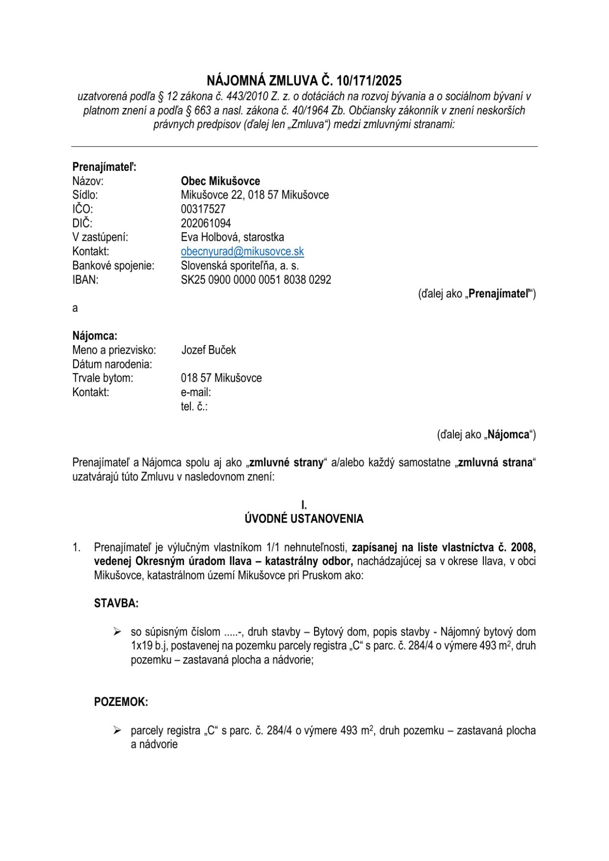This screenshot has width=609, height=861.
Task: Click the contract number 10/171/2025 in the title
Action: (x=369, y=80)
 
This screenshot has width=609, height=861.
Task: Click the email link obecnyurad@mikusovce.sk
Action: (x=242, y=251)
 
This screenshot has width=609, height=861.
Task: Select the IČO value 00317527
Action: (x=203, y=209)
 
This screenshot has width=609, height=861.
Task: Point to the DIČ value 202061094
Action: (x=206, y=223)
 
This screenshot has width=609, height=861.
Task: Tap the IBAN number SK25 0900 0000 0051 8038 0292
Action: (x=256, y=280)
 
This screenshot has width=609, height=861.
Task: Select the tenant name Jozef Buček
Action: (x=208, y=350)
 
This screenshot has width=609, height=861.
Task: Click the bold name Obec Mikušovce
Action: (x=220, y=181)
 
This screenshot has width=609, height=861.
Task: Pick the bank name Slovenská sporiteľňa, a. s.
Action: (x=240, y=266)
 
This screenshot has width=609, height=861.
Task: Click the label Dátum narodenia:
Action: (x=112, y=365)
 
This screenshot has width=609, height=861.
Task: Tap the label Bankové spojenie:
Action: (x=113, y=266)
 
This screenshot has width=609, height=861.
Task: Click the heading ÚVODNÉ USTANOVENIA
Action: (x=304, y=519)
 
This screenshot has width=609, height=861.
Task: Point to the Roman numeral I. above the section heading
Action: (x=304, y=505)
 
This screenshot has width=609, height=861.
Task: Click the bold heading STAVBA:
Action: (x=116, y=604)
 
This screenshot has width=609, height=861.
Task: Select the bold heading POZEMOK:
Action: (x=121, y=702)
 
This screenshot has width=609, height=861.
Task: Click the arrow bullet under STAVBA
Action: (x=117, y=632)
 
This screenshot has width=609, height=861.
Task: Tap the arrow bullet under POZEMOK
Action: (x=117, y=731)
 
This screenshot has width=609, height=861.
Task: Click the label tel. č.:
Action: (x=194, y=407)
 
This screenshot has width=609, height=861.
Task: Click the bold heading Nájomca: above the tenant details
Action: (x=95, y=336)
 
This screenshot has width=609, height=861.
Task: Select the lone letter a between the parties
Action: (x=75, y=308)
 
